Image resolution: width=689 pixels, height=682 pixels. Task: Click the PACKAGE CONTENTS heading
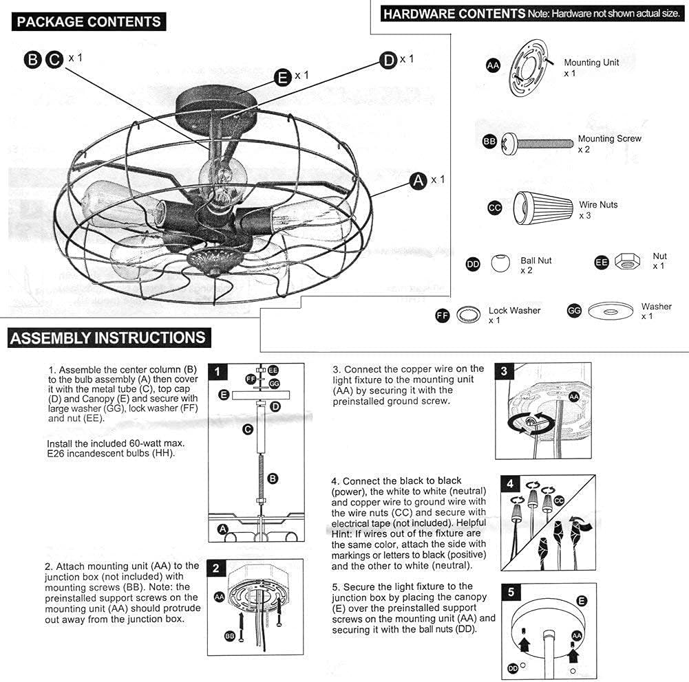[89, 22]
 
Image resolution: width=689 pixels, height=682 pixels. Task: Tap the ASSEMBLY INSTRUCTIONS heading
[108, 338]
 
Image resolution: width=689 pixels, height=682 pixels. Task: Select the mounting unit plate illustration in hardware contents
[527, 67]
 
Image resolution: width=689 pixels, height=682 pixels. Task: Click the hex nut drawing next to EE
[627, 262]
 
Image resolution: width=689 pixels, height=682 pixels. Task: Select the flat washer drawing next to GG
[609, 311]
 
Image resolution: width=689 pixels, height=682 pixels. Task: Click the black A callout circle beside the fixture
[417, 181]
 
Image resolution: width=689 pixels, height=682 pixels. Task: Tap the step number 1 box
[218, 372]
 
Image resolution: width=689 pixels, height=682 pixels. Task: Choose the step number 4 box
[510, 483]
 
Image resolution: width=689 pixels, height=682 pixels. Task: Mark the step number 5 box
[510, 592]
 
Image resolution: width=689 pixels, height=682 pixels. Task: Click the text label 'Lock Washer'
[514, 311]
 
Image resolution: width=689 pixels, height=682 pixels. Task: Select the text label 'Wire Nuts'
[597, 205]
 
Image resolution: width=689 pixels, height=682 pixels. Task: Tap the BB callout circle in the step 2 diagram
[230, 636]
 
